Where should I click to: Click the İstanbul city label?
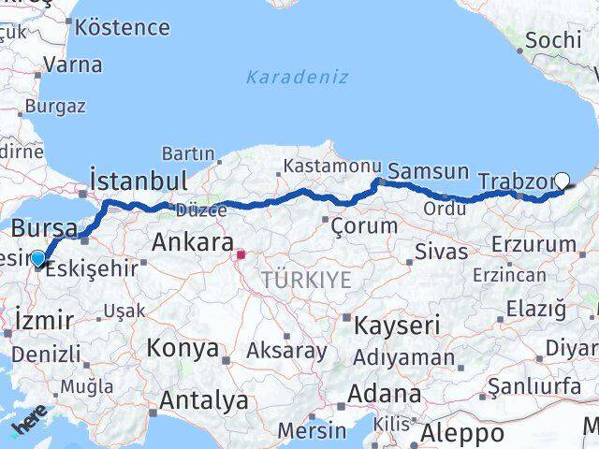pyautogui.click(x=138, y=180)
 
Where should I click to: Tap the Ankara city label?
pyautogui.click(x=192, y=243)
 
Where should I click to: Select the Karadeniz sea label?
pyautogui.click(x=297, y=78)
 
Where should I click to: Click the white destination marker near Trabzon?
pyautogui.click(x=562, y=181)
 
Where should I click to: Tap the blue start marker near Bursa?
pyautogui.click(x=37, y=258)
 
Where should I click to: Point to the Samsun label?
pyautogui.click(x=428, y=171)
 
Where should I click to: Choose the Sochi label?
pyautogui.click(x=553, y=40)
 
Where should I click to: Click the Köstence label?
pyautogui.click(x=122, y=26)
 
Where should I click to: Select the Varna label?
pyautogui.click(x=72, y=66)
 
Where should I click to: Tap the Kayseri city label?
pyautogui.click(x=397, y=326)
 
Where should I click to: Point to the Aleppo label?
pyautogui.click(x=461, y=433)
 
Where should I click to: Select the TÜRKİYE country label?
pyautogui.click(x=306, y=279)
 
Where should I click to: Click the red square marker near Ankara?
pyautogui.click(x=241, y=253)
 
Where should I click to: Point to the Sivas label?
pyautogui.click(x=442, y=251)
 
